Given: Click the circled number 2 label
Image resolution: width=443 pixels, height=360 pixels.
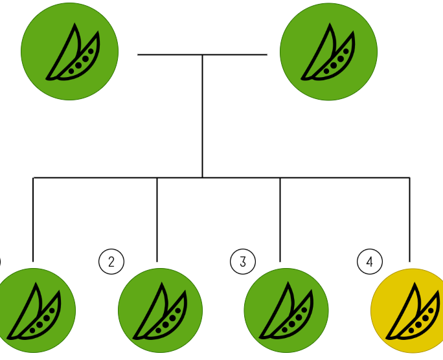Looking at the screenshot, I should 111,262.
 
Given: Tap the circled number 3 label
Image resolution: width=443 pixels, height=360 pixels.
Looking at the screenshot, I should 243,262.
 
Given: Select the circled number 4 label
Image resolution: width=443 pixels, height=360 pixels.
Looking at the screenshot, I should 370,262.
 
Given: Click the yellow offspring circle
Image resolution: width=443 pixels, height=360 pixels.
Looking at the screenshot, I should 410,311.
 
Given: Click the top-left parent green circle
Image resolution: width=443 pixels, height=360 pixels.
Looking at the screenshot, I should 70,52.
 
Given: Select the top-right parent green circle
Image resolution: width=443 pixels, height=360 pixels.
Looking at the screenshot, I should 328,52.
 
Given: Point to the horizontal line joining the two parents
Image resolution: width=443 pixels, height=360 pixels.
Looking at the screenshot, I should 168,55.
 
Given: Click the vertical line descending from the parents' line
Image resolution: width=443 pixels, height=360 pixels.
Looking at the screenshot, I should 202,117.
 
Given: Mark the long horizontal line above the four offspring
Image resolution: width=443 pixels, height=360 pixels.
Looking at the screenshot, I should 97,177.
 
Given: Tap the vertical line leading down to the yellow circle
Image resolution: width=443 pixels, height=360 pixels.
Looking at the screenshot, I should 409,220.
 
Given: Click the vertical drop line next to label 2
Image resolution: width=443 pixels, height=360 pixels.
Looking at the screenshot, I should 157,220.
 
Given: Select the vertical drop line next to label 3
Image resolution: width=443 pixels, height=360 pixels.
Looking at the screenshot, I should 280,220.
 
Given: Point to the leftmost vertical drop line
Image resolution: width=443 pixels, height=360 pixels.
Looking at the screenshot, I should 33,220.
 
